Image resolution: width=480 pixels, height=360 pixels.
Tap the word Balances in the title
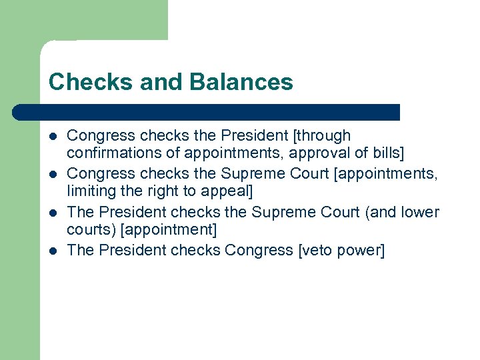click(241, 82)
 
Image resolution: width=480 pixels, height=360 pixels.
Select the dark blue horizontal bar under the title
click(207, 112)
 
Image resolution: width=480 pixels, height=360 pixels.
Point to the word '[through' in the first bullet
click(322, 136)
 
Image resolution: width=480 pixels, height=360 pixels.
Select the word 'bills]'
click(385, 153)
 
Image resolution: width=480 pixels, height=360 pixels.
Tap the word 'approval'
click(311, 153)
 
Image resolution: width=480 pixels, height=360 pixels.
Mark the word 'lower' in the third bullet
click(420, 213)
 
